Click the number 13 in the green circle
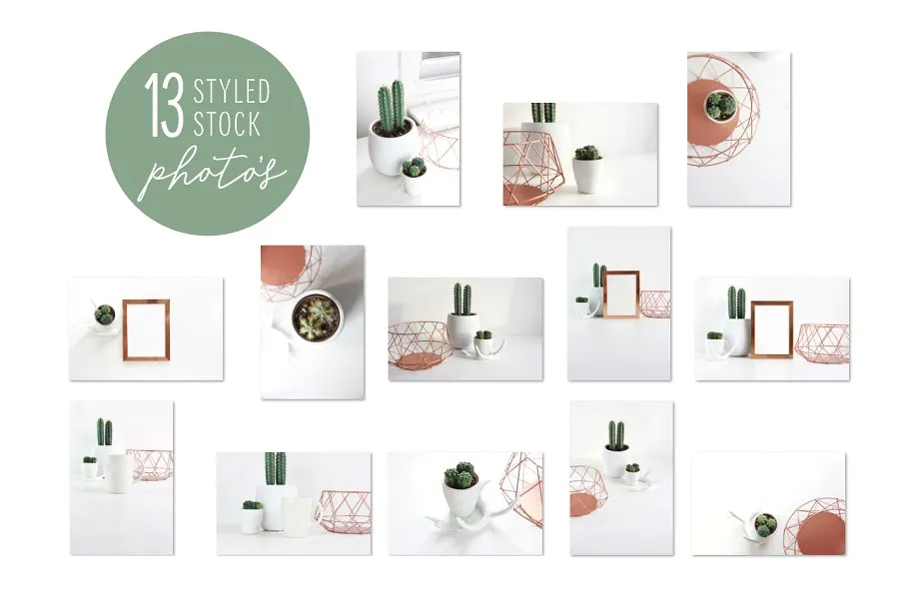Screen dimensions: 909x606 tap(164, 105)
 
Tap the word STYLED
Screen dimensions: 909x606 tap(232, 91)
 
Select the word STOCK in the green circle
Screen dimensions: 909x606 tap(227, 124)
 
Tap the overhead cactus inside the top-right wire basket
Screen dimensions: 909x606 tap(720, 105)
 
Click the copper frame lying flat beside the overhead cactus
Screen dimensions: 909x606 tap(147, 329)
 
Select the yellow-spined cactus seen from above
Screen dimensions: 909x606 tap(316, 317)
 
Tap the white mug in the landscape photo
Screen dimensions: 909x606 tap(299, 516)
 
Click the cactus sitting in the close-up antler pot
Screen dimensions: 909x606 tap(460, 474)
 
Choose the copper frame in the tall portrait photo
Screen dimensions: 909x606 tap(621, 294)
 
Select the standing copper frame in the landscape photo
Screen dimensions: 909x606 tap(771, 329)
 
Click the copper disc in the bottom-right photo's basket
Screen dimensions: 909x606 tap(821, 532)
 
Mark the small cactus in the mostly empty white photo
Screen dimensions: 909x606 tap(766, 524)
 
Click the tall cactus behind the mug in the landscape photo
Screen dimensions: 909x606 tap(276, 468)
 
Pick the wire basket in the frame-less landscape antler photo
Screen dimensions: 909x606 tap(421, 345)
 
